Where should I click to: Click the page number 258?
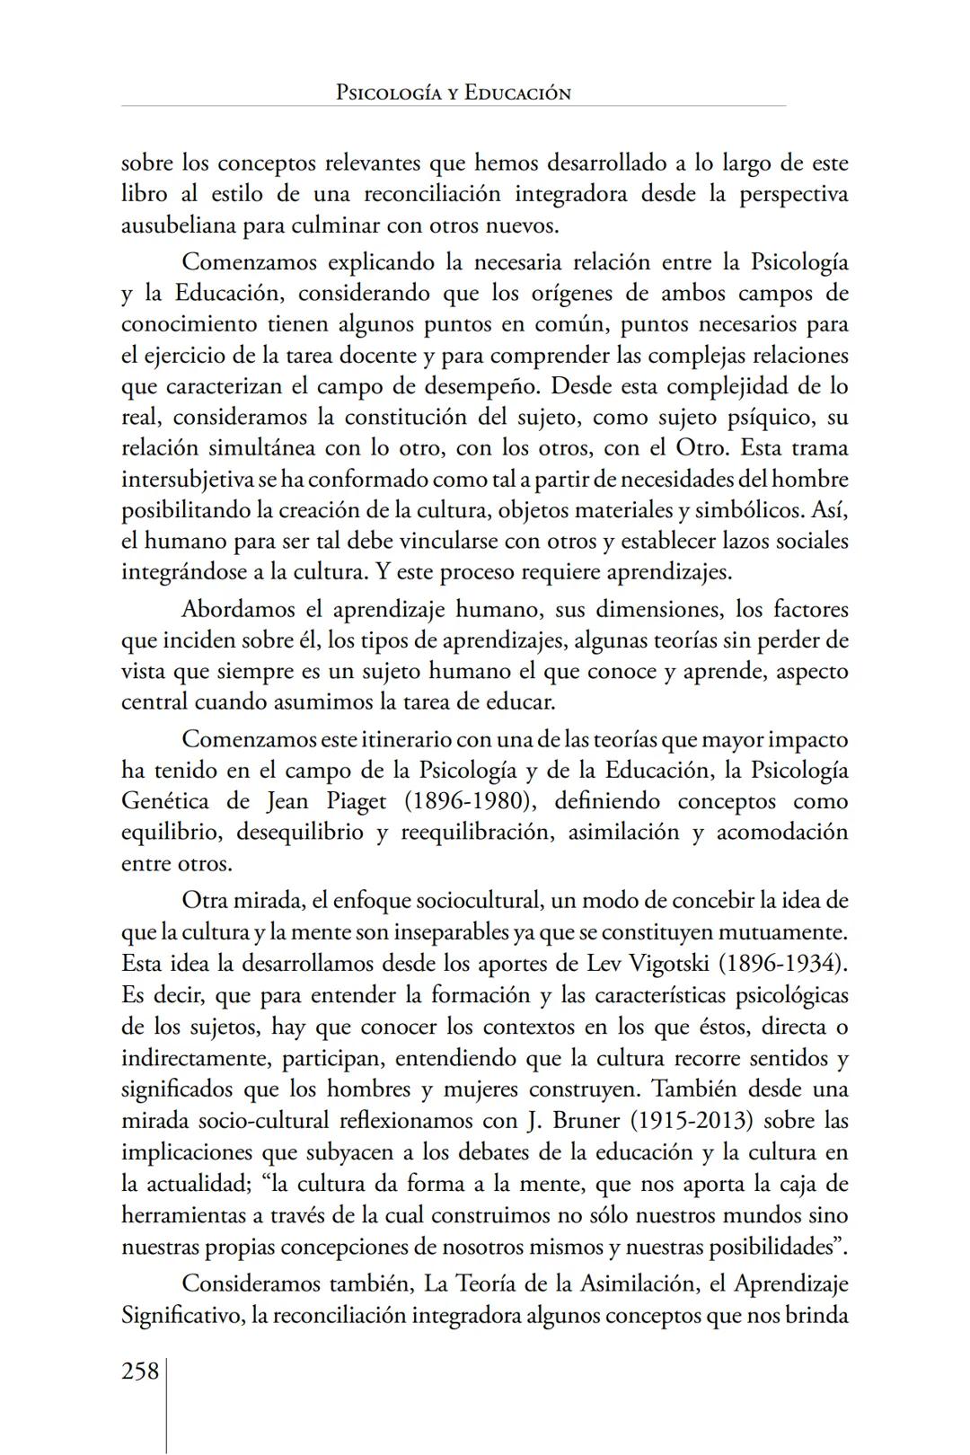click(x=140, y=1371)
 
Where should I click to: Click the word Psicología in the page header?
click(x=388, y=93)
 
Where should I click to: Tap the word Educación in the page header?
click(x=517, y=93)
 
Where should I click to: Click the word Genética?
click(x=165, y=800)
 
